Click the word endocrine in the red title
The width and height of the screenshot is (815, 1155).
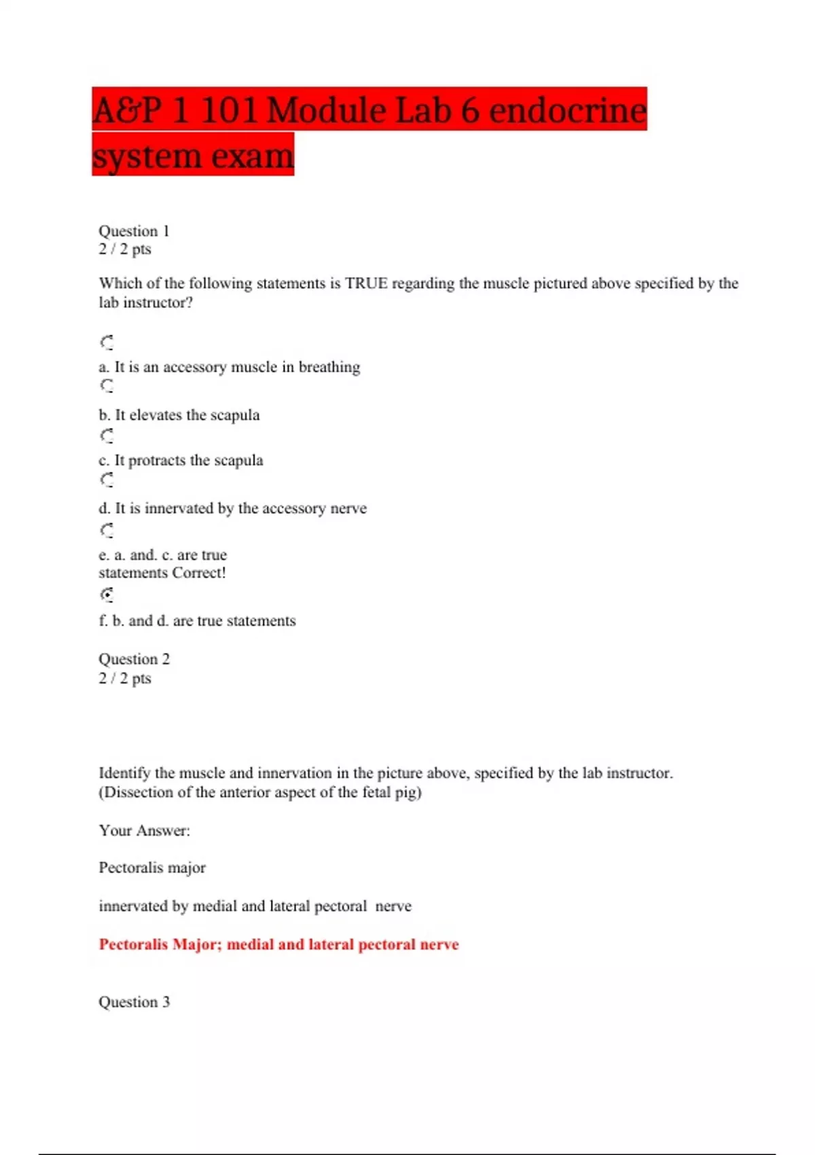tap(567, 110)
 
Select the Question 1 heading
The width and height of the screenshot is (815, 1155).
tap(134, 231)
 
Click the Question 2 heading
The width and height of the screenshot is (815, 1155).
tap(134, 659)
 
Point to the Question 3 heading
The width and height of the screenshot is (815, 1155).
tap(134, 1002)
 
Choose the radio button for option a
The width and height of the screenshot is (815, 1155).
tap(107, 342)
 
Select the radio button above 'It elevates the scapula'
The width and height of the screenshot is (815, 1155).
tap(107, 386)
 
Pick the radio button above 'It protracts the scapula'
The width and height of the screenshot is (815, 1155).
tap(107, 436)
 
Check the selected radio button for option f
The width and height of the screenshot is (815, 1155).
tap(107, 594)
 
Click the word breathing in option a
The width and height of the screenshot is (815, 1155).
tap(329, 367)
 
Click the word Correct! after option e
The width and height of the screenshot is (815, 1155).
tap(199, 573)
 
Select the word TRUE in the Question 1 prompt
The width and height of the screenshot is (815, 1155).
tap(366, 283)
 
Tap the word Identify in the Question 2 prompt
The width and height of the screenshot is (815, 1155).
tap(125, 773)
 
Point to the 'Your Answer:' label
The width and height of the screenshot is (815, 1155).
tap(144, 830)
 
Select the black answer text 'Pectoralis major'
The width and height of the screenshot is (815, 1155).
tap(152, 868)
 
